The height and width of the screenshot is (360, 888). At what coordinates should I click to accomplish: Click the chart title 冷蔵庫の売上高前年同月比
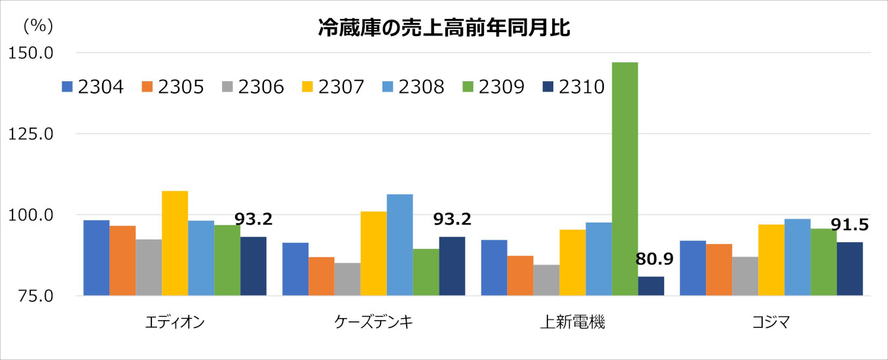coord(444,28)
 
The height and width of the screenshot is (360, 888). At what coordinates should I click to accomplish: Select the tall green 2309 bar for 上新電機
coord(625,179)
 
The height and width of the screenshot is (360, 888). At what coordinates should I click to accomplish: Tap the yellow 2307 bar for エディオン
coord(175,243)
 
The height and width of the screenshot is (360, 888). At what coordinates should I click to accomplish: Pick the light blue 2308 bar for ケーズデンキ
coord(399,245)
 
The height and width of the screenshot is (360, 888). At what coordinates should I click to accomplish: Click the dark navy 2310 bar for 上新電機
coord(651,286)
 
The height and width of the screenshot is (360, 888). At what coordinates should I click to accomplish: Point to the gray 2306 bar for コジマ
coord(745,276)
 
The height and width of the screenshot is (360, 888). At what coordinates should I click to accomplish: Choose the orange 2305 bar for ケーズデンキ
coord(322,276)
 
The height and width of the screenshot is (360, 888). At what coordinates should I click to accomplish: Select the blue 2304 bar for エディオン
coord(96,258)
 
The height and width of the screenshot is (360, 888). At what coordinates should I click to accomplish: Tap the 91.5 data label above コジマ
coord(849,225)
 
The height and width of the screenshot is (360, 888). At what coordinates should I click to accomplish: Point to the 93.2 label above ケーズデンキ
coord(453,219)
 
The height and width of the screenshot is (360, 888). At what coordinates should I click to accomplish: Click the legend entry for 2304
coord(93,87)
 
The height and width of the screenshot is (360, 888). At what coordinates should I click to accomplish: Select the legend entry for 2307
coord(333,87)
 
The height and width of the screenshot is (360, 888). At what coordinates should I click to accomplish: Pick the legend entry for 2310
coord(574,87)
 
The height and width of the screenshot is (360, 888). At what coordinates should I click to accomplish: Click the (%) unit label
coord(37,26)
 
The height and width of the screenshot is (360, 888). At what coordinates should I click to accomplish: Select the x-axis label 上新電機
coord(572,322)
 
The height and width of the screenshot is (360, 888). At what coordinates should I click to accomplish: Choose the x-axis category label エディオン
coord(175,322)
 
